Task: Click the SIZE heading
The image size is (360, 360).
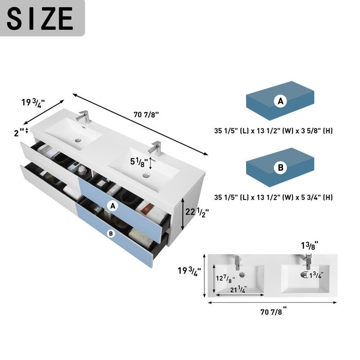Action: (40, 18)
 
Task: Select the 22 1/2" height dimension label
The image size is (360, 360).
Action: (197, 212)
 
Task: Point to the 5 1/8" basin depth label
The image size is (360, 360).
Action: (139, 162)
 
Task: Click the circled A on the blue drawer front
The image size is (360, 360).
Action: (113, 206)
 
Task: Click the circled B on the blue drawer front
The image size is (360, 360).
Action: (111, 234)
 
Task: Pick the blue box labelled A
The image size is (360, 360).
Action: (280, 100)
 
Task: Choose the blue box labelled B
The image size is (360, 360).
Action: (280, 167)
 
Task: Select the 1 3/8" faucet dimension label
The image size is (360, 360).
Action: (310, 245)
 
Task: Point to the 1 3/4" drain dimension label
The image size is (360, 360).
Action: (316, 275)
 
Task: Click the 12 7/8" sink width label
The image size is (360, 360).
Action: (225, 279)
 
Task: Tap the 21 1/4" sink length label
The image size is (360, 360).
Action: (238, 289)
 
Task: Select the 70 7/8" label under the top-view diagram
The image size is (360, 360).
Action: (274, 311)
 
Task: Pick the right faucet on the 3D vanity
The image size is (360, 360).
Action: (155, 148)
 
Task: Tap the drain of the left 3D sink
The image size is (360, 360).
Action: (78, 139)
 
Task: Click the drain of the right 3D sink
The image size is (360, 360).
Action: (146, 175)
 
